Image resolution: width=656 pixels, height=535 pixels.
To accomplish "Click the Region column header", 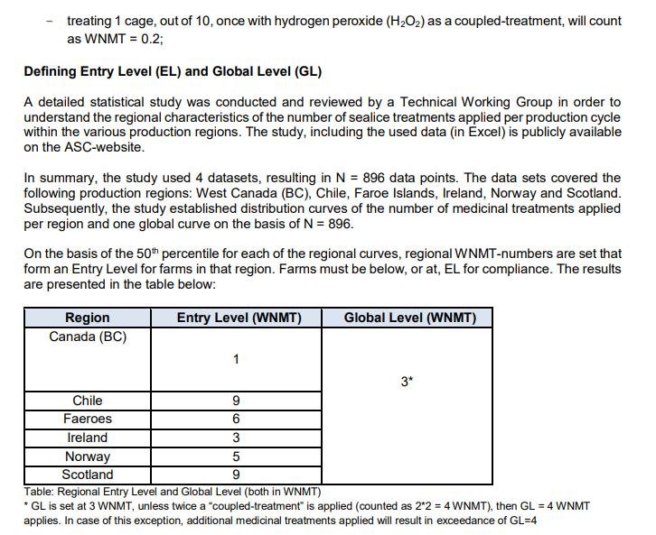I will pos(88,318).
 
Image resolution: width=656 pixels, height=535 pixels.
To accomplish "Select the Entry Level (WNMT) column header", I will pos(239,318).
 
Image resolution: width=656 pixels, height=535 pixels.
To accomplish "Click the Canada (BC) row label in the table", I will pos(88,337).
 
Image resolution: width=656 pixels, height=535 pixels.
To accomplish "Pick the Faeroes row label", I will pos(88,419).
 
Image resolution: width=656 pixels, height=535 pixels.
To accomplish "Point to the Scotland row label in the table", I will pos(88,475).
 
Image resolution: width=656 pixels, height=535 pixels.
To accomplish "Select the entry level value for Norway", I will pos(236,457).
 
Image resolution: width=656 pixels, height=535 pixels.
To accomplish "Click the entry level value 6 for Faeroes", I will pos(236,419).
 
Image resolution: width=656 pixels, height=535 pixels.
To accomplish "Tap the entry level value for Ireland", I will pos(236,438).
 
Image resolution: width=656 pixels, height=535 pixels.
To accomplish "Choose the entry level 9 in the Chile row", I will pos(236,401).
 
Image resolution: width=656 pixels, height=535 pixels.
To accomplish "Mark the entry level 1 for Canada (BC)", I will pos(236,359).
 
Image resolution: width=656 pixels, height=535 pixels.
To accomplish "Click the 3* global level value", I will pos(407,381).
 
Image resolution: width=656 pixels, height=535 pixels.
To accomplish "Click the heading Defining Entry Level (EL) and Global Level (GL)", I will pos(173,71).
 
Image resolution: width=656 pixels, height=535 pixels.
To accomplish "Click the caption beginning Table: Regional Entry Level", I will pos(173,492).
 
